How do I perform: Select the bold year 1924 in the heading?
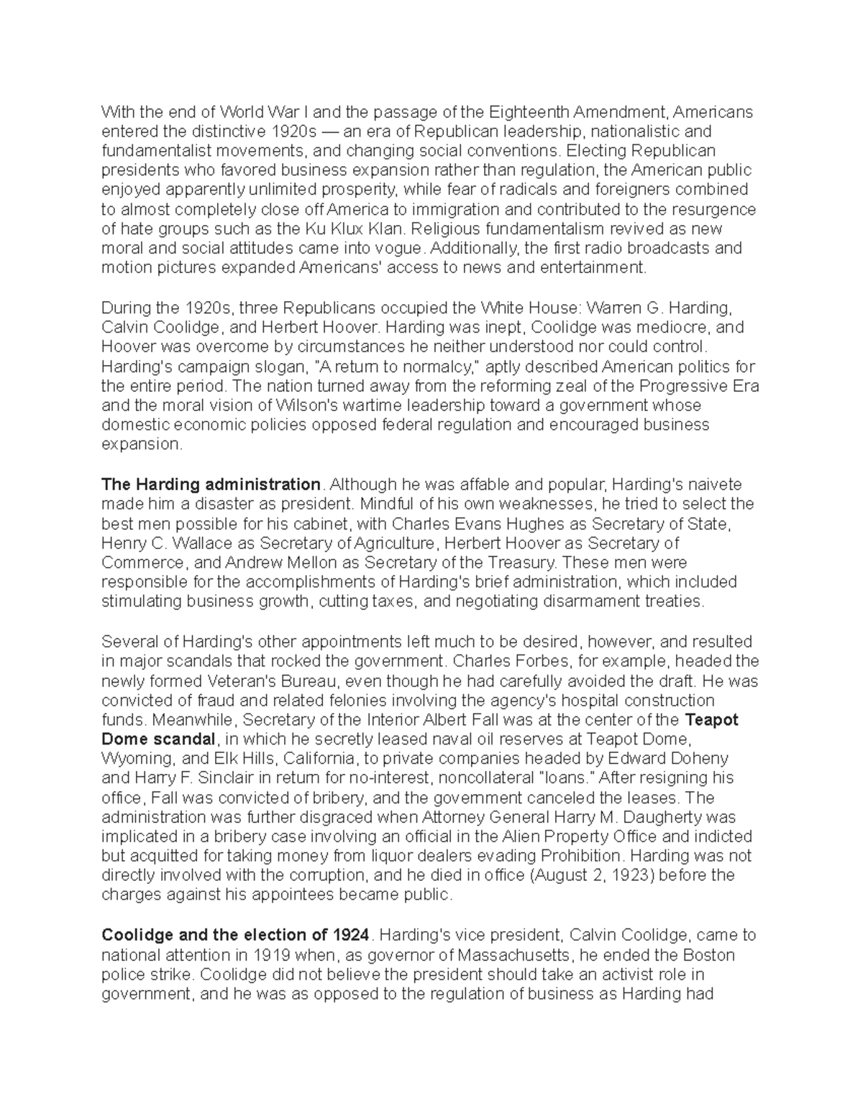(x=352, y=935)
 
